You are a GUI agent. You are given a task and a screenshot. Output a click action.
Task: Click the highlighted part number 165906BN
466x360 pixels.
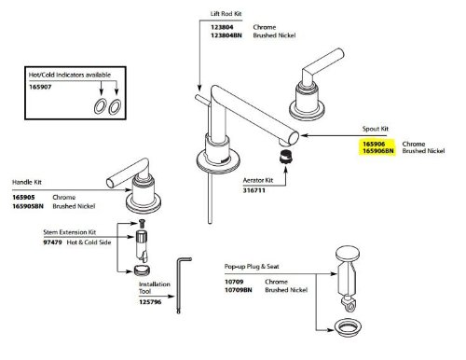378,151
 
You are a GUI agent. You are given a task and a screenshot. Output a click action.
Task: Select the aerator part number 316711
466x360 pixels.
254,190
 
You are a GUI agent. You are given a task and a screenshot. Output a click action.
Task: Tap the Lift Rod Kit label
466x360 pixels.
226,14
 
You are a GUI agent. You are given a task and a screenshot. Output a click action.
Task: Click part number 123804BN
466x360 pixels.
226,35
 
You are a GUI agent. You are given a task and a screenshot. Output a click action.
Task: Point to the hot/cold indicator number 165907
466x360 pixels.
40,87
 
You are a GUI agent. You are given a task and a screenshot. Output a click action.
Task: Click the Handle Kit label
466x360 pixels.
27,182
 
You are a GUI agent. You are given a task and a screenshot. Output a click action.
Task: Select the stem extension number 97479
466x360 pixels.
52,242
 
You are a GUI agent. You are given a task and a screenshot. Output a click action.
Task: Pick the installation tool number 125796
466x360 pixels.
150,302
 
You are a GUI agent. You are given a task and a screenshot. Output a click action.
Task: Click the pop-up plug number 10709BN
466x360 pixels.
239,290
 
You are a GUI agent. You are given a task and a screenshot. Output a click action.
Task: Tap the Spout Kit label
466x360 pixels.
376,129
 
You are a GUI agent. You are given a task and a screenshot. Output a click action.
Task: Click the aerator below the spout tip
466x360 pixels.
286,156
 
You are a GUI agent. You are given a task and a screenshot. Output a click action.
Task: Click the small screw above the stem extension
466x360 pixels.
142,223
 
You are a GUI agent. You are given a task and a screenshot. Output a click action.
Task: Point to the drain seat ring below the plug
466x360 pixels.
348,327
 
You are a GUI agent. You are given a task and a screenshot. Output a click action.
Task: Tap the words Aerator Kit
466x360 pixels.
258,180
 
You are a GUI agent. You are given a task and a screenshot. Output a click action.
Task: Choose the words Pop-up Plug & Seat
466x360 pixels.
252,267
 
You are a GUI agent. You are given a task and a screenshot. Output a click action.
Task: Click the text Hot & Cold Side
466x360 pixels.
89,242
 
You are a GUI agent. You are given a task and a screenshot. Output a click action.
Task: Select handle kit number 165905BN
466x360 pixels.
28,206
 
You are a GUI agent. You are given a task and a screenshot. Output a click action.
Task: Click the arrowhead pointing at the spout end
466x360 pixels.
304,135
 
